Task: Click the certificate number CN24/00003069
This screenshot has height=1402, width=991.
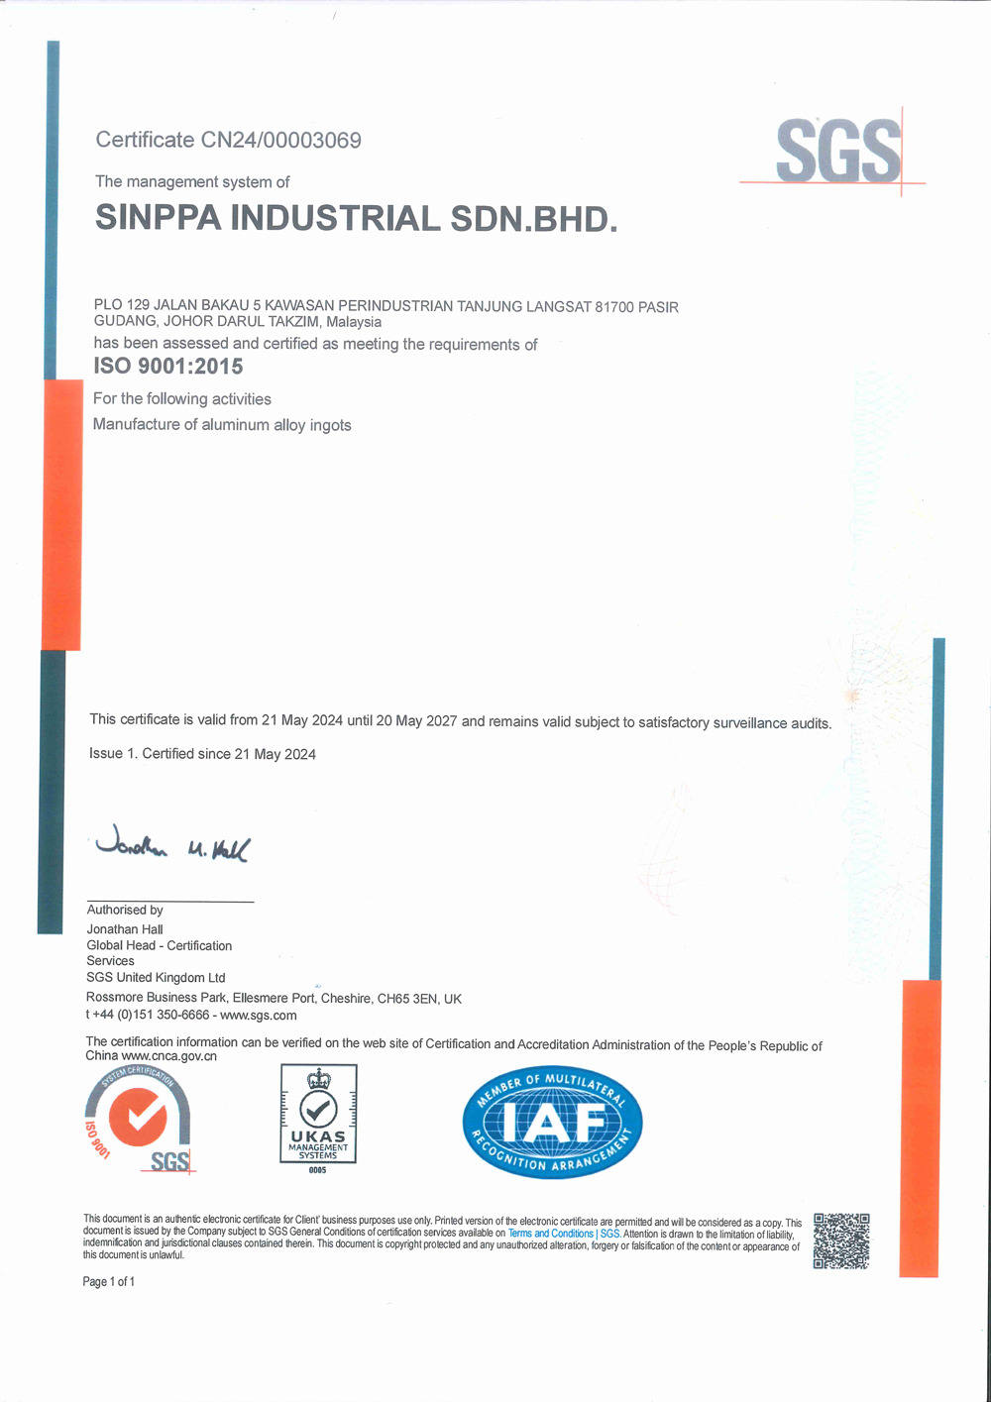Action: (x=280, y=140)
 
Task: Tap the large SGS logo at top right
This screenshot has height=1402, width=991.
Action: (x=838, y=151)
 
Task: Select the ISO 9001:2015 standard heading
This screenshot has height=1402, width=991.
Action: (x=167, y=367)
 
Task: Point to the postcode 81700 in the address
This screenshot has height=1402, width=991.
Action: (x=613, y=307)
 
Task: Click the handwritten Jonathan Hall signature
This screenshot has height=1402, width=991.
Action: (x=172, y=845)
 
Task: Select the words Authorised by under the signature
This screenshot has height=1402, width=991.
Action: (x=125, y=910)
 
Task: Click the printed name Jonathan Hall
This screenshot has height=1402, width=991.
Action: (x=125, y=929)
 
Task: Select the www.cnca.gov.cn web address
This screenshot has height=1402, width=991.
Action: (x=168, y=1056)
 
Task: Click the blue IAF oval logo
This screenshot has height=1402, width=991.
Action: (x=552, y=1123)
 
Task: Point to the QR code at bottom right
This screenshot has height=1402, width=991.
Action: (x=841, y=1240)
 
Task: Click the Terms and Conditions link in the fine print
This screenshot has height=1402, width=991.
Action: (x=551, y=1234)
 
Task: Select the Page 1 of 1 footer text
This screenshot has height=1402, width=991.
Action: (x=109, y=1282)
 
